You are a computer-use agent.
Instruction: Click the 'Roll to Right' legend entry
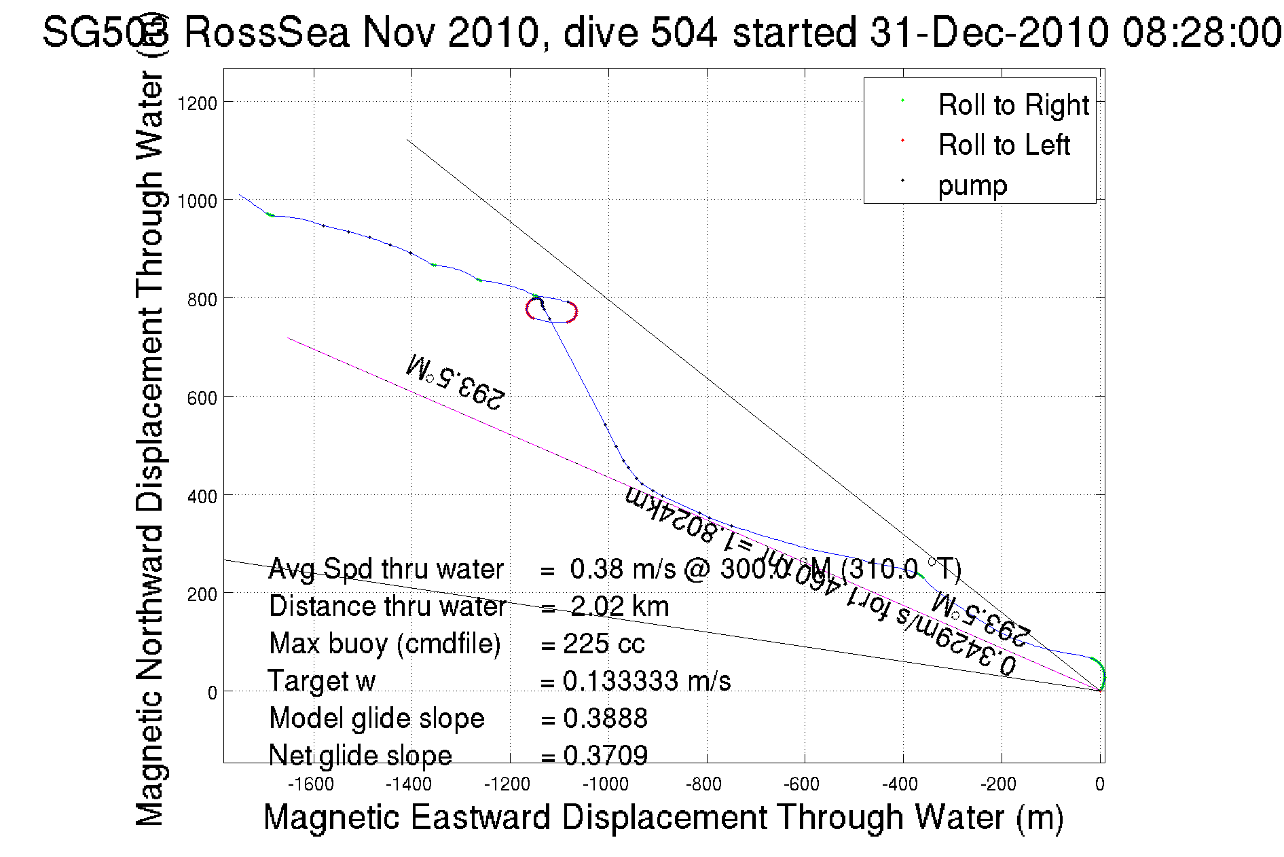click(1012, 105)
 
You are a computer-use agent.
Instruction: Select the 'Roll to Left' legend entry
click(1004, 145)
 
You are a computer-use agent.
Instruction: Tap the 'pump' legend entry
click(972, 185)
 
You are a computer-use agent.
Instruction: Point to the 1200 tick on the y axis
click(197, 103)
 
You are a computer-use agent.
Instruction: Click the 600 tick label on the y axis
click(201, 398)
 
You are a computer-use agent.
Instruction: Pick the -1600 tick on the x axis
click(311, 784)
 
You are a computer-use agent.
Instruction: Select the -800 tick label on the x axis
click(703, 784)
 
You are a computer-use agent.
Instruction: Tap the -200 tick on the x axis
click(998, 784)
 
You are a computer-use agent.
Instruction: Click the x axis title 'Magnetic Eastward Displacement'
click(663, 817)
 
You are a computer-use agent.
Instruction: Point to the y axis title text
click(150, 448)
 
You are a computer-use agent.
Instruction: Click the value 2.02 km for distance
click(619, 606)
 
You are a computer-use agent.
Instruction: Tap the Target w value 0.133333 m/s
click(646, 681)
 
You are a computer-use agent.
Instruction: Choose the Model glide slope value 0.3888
click(605, 718)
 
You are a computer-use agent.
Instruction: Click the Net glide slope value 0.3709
click(605, 755)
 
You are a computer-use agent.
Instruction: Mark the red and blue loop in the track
click(551, 310)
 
